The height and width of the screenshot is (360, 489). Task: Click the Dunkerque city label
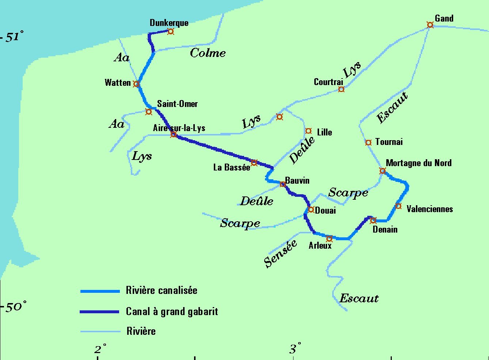point(169,23)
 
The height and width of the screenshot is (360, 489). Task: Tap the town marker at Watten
point(136,84)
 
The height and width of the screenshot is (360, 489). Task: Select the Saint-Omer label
point(177,104)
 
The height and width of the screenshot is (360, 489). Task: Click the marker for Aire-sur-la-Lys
point(174,134)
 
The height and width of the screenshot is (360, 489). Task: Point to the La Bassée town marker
point(254,162)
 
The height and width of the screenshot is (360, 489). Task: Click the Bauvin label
point(297,180)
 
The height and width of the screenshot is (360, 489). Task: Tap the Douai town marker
point(311,210)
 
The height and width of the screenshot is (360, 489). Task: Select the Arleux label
point(320,245)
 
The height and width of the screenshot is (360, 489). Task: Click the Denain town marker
point(373,220)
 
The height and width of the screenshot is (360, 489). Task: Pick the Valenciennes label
point(429,209)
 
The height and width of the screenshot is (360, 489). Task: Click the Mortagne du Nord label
point(418,163)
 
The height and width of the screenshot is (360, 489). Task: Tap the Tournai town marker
point(368,142)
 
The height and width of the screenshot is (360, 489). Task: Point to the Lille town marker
point(308,131)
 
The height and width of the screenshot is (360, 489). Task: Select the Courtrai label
point(328,82)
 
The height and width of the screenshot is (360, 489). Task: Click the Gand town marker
point(430,25)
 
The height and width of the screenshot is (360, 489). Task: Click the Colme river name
point(208,53)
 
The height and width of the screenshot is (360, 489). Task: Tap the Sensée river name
point(280,254)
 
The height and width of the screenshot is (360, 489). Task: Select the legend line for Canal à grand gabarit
point(99,312)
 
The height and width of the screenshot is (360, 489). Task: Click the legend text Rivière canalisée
point(162,290)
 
